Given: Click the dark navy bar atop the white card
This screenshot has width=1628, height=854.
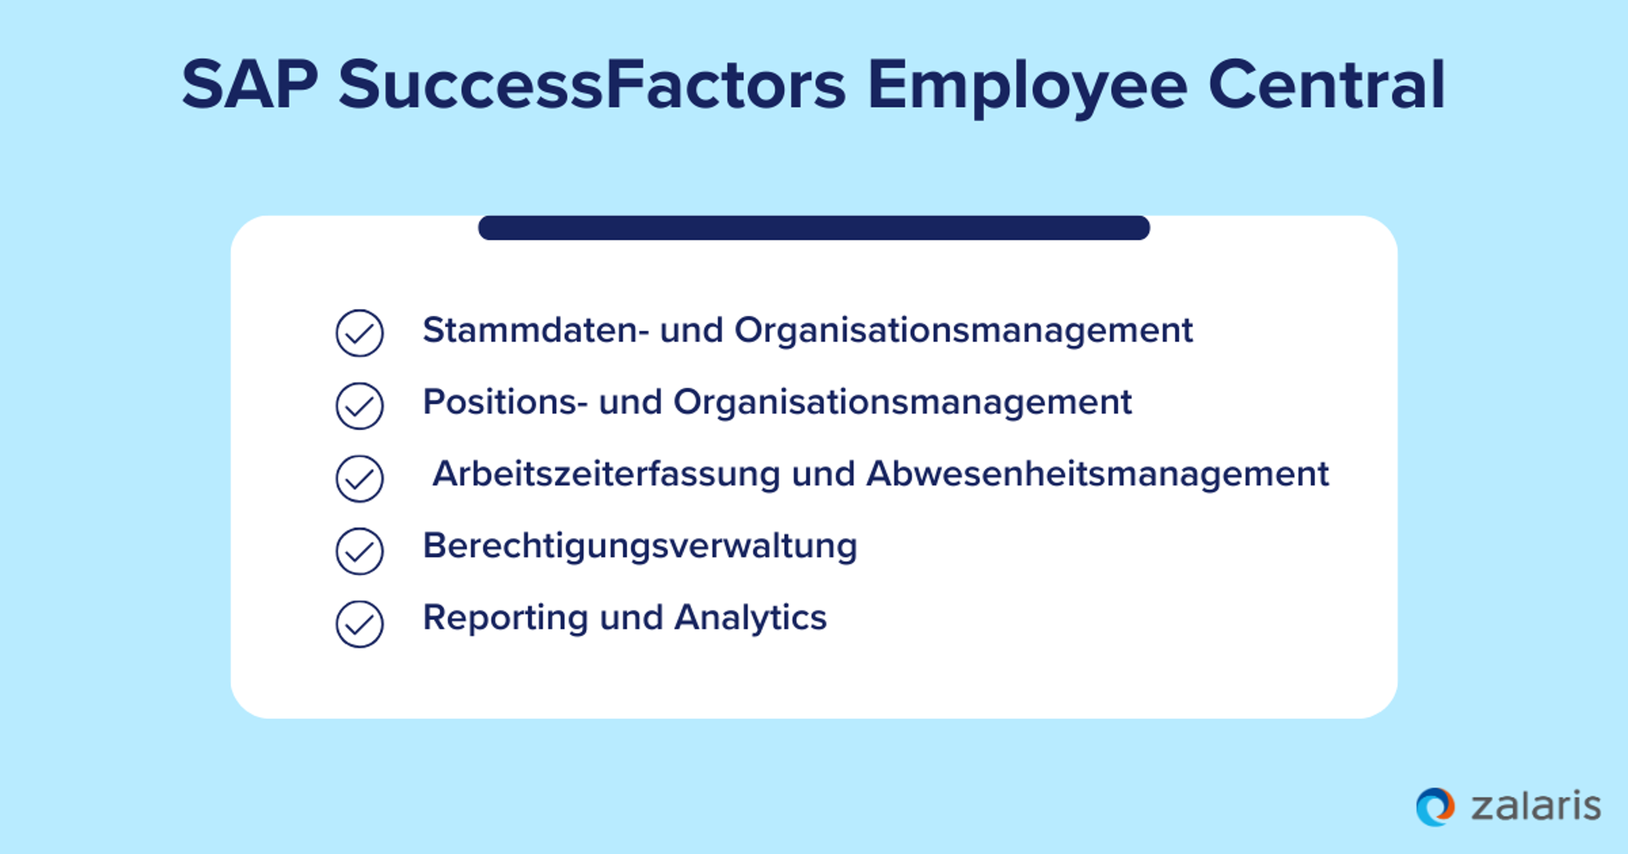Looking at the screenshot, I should [x=814, y=228].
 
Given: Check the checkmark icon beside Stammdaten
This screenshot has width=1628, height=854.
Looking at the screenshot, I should [x=359, y=333].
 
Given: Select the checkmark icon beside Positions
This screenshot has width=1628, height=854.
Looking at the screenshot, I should [x=359, y=405].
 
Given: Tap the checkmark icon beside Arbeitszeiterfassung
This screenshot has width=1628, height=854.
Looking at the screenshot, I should [x=359, y=478].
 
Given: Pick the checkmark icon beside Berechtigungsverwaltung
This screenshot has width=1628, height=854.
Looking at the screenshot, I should [x=359, y=551].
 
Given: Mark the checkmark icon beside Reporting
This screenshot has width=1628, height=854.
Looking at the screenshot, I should [x=359, y=624].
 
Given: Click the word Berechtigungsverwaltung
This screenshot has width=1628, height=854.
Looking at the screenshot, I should [x=640, y=546].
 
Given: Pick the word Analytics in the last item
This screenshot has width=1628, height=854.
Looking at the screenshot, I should [x=750, y=618].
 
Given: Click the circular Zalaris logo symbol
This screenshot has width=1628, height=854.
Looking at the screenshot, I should [x=1435, y=807].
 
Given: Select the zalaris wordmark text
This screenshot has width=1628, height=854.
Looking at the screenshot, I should [x=1536, y=807].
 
